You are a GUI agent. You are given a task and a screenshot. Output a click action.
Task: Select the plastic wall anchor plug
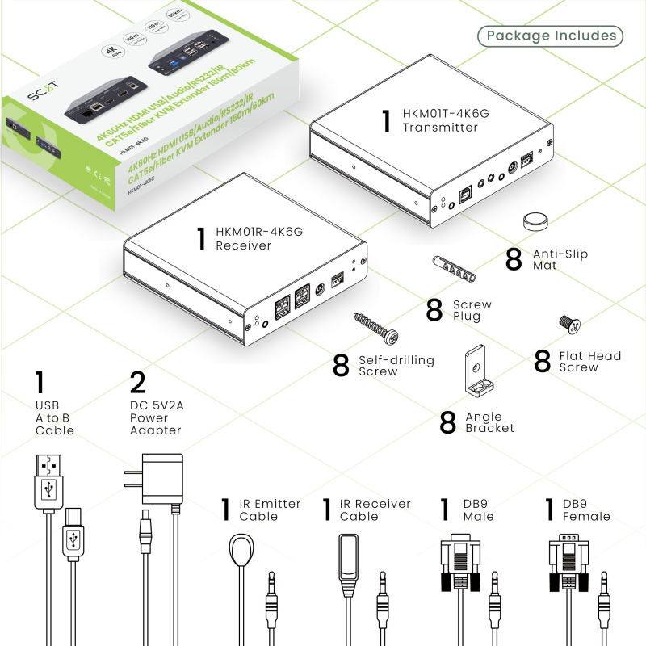point(454,269)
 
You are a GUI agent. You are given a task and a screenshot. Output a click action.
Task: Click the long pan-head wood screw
point(376,329)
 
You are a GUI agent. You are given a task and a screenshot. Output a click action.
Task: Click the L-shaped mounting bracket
point(476,373)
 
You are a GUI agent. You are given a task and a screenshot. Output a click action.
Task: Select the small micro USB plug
point(73,535)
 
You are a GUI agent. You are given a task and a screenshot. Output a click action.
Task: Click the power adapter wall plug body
point(164,478)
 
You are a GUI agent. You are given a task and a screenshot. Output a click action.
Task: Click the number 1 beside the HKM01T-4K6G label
point(387,121)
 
